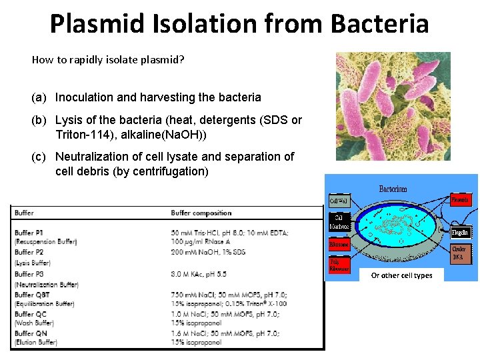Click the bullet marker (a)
(x=39, y=97)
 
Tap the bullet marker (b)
(x=39, y=121)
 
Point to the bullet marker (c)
(x=39, y=157)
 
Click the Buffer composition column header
(x=201, y=213)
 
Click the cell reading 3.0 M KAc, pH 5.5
(x=198, y=273)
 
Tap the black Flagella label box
(x=461, y=233)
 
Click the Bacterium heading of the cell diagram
(x=393, y=189)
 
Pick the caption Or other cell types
(x=401, y=275)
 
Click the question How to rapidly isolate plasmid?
(x=108, y=60)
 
